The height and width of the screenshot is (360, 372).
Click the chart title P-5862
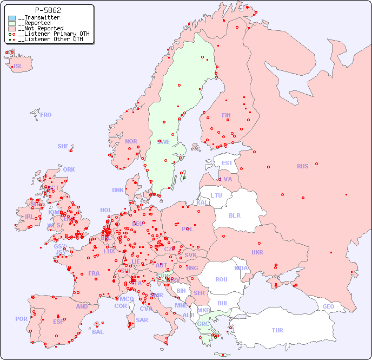[48, 10]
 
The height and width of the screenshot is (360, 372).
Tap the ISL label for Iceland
[18, 67]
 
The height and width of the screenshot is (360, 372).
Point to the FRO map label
[45, 115]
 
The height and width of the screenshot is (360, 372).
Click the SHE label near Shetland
[63, 146]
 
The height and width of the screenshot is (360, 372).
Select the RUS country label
[302, 166]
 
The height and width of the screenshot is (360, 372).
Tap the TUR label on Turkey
[277, 330]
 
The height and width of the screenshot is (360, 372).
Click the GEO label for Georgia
[328, 307]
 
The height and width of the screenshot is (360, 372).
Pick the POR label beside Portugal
[21, 319]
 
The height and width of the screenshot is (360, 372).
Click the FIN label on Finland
[226, 115]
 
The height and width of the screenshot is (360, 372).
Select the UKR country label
[257, 252]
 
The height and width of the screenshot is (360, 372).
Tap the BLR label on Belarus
[234, 215]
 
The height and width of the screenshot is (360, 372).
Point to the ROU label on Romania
[221, 279]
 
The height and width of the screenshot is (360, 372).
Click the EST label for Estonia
[227, 163]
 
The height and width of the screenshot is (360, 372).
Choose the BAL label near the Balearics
[98, 332]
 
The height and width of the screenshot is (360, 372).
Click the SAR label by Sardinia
[142, 320]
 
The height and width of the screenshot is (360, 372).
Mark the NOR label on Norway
[131, 141]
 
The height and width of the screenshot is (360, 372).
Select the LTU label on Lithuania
[216, 195]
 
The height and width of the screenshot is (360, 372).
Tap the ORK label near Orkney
[69, 169]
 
